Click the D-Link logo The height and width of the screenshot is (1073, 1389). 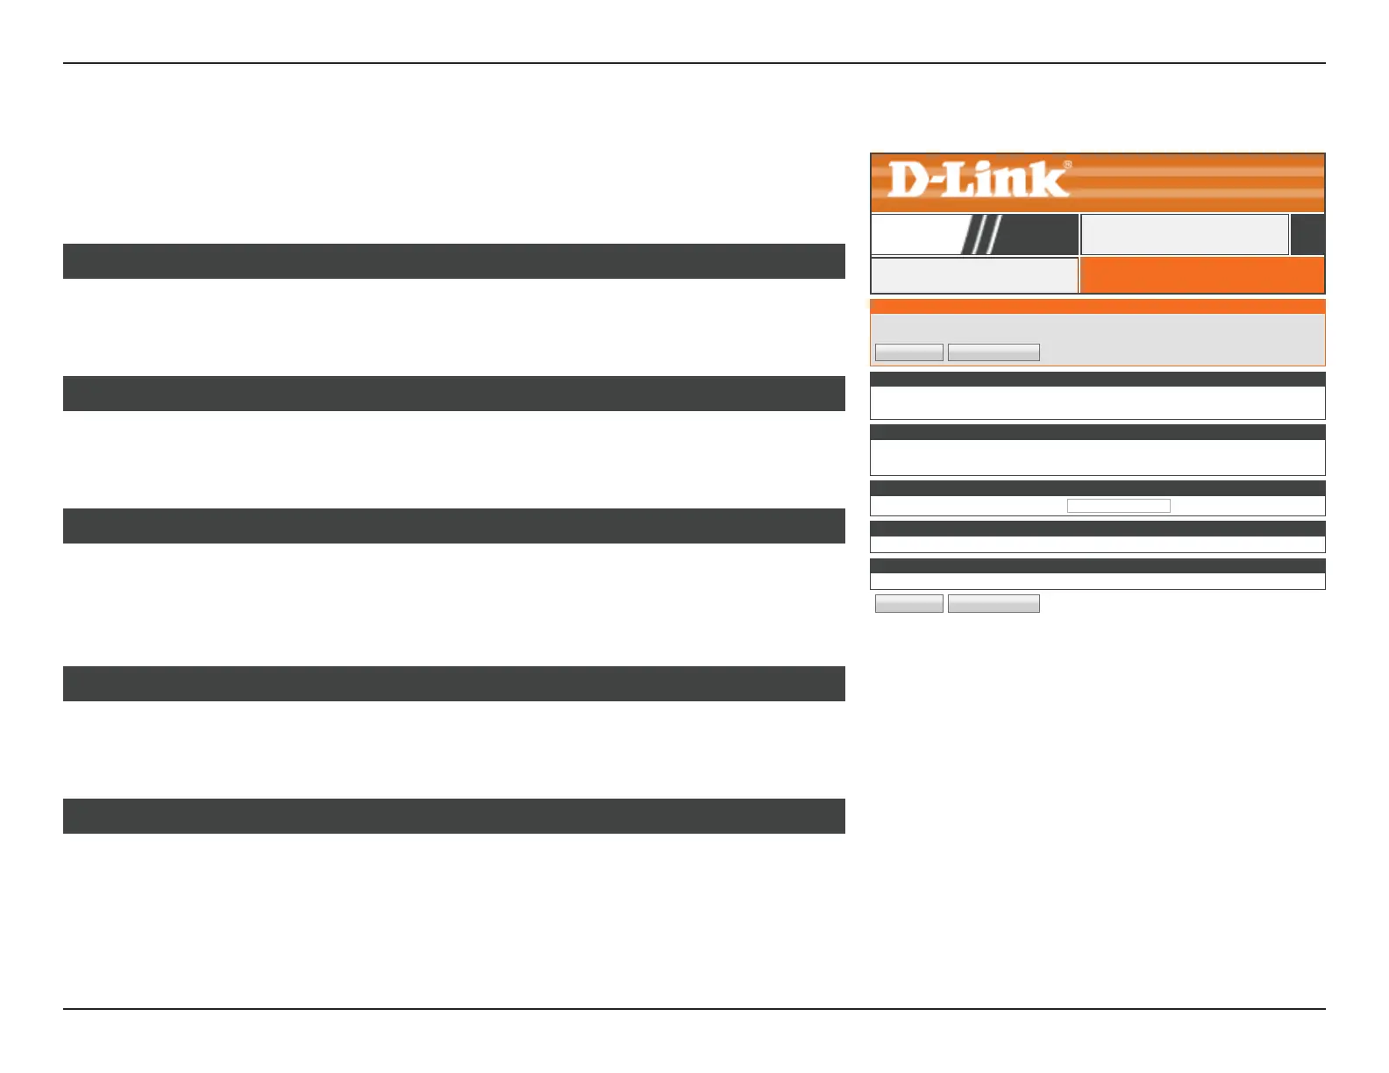(x=978, y=180)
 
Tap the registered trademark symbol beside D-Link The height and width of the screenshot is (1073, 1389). (x=1067, y=164)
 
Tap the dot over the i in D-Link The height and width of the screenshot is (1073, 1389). (x=987, y=166)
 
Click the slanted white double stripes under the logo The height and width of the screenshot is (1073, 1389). (x=981, y=234)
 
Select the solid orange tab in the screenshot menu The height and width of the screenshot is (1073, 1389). (x=1201, y=275)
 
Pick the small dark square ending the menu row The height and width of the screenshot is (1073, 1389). (x=1307, y=234)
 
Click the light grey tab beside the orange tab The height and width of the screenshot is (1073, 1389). (x=973, y=275)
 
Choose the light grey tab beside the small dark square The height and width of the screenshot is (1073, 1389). (x=1184, y=234)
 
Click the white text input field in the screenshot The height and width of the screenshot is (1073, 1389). (x=1118, y=506)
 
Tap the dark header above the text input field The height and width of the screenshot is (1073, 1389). (x=1097, y=488)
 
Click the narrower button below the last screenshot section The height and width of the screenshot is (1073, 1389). (x=909, y=603)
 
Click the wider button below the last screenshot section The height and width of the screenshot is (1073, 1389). (x=994, y=603)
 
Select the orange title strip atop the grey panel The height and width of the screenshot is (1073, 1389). (x=1097, y=307)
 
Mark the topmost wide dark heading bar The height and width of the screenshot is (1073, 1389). (x=453, y=261)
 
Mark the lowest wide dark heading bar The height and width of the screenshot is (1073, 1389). (x=453, y=816)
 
